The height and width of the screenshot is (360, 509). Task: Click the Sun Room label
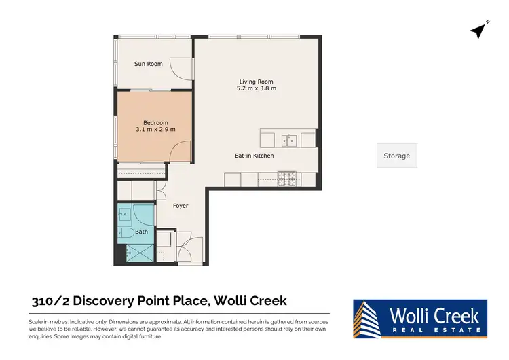(148, 64)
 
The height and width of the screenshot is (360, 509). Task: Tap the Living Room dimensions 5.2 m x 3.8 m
(256, 88)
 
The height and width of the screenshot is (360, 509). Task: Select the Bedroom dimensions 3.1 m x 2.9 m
(155, 129)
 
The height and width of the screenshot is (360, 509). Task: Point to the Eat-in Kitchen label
(254, 156)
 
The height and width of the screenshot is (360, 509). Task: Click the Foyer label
(180, 206)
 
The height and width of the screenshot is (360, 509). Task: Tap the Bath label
(141, 232)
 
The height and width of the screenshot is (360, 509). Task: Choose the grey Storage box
(396, 156)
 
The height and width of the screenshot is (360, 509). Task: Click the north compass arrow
(480, 31)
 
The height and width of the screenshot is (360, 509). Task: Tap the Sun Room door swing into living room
(178, 66)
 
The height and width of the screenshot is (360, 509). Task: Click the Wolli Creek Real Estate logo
(419, 318)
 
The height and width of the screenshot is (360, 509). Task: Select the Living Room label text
(256, 82)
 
